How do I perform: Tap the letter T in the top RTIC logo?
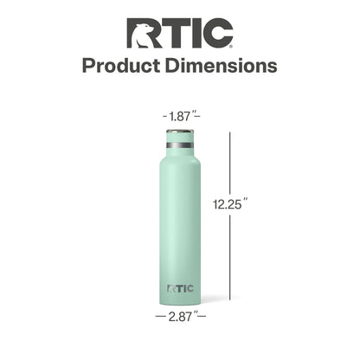point(172,33)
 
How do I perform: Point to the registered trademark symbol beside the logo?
point(231,46)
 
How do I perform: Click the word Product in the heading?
point(121,66)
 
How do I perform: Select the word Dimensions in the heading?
point(222,66)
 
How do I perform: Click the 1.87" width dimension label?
point(181,116)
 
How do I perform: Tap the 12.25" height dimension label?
point(230,204)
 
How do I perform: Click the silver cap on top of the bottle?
point(180,132)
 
